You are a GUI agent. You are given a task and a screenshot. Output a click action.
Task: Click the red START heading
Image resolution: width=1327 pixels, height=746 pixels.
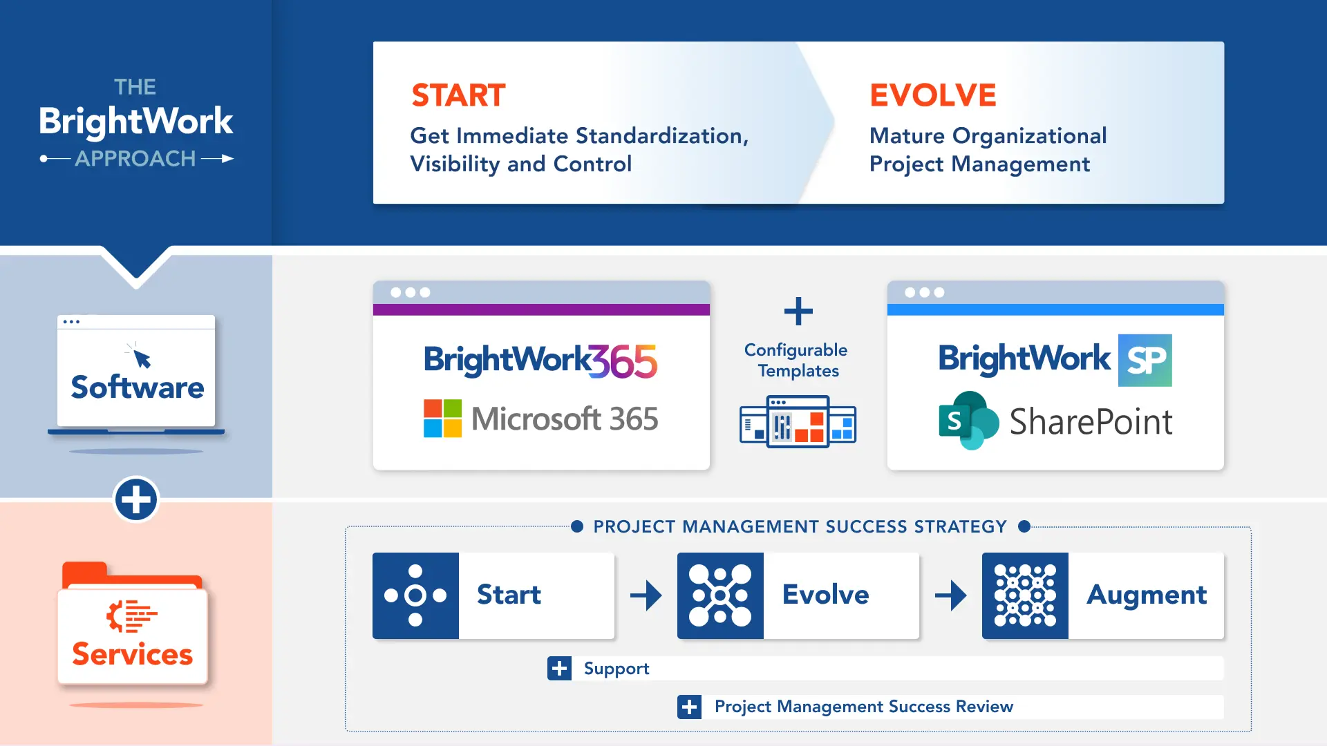458,95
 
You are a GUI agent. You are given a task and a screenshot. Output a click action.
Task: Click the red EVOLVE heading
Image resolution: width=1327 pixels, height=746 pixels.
932,95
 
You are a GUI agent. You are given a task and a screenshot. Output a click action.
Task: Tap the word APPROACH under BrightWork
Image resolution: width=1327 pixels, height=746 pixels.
135,159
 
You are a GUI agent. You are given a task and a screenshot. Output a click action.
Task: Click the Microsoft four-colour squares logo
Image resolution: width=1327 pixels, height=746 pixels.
442,418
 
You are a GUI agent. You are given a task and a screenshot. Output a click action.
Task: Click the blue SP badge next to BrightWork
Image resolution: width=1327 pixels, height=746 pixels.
1145,360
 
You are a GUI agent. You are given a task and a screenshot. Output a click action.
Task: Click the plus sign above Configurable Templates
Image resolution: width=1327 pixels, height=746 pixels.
798,312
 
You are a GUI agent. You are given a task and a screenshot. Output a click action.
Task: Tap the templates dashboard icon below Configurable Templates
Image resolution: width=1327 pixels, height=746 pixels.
798,421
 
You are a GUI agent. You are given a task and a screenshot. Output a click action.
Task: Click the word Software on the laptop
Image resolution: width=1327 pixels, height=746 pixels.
138,388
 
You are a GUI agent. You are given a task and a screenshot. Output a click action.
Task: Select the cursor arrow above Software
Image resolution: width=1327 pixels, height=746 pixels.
142,357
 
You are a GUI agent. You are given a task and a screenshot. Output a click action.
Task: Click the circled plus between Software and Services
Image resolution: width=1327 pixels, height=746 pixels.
136,499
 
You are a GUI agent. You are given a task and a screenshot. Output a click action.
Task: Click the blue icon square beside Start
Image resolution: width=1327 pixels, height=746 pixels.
415,595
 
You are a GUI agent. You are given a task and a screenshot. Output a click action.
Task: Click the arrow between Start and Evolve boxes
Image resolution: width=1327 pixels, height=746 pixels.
646,595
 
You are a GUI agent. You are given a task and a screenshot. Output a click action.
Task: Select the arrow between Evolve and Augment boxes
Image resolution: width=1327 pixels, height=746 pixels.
951,595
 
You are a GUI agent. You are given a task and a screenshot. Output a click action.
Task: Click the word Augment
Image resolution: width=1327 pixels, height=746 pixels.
1147,595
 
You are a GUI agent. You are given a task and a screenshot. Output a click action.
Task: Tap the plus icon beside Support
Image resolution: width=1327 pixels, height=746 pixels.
559,669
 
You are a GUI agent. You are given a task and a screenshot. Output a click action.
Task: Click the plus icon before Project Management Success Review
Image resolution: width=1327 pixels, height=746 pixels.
689,707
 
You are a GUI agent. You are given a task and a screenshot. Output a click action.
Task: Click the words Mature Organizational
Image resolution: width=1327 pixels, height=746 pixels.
988,136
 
